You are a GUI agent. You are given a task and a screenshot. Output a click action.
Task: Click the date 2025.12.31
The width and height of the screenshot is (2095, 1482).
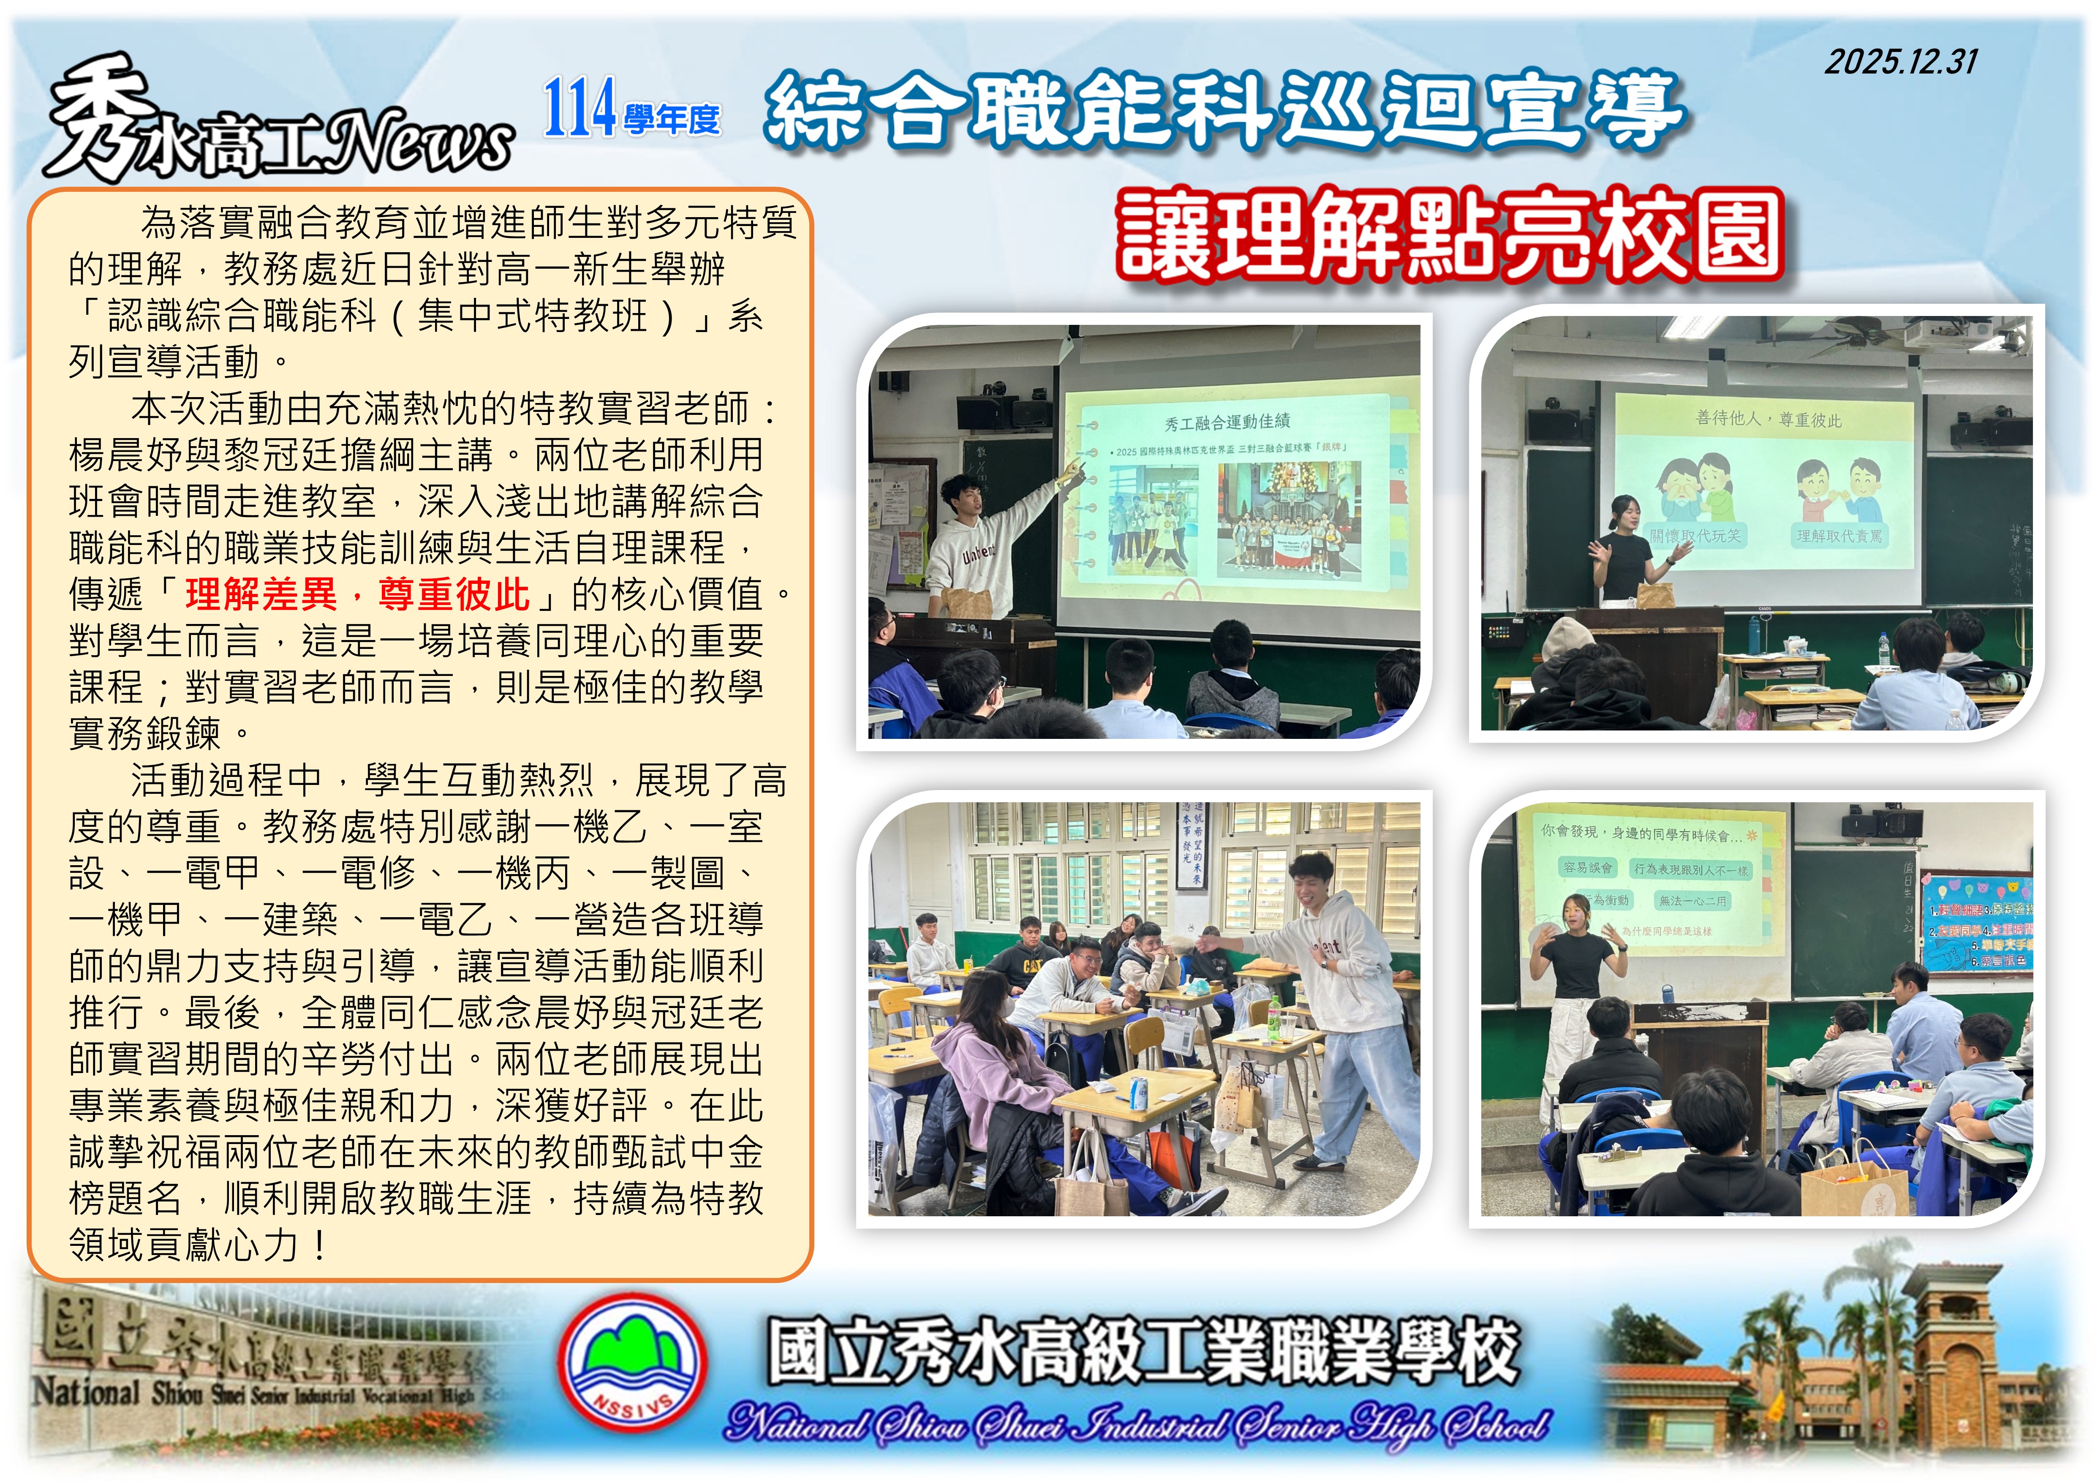[1901, 62]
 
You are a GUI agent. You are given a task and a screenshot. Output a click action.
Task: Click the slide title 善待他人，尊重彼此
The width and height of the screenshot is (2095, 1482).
[1767, 419]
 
